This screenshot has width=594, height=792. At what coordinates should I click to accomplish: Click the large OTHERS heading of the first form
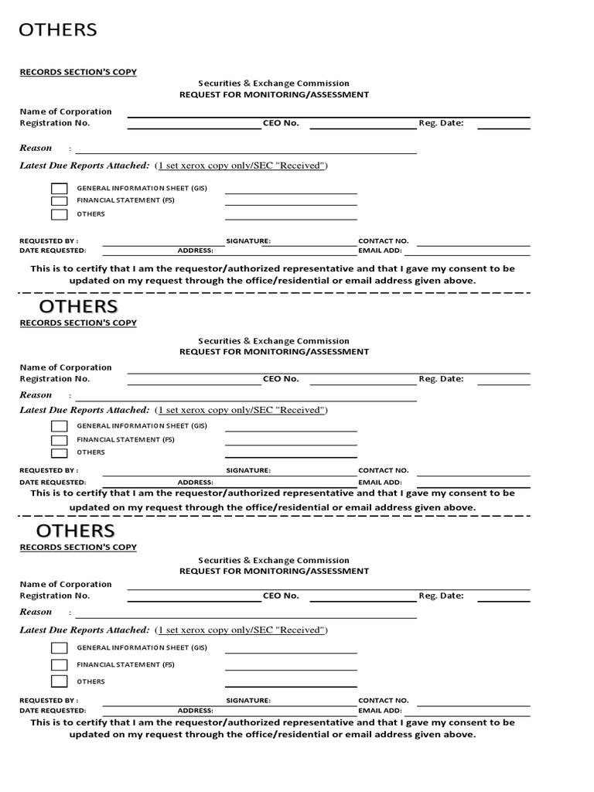58,30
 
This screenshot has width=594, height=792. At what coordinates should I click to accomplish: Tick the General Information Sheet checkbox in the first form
60,189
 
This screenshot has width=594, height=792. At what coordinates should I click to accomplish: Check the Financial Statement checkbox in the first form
60,201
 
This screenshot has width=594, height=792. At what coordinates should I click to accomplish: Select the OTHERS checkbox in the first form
60,214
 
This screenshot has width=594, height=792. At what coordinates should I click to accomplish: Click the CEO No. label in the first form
281,123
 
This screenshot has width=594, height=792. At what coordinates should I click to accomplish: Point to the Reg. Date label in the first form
441,123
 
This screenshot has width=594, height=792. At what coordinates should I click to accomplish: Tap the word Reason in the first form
36,148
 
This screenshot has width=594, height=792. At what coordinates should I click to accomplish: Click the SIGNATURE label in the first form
248,241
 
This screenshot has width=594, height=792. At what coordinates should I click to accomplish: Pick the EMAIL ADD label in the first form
380,251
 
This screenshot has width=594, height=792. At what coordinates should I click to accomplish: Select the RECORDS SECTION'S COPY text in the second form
78,323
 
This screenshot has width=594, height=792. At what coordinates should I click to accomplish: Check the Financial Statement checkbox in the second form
60,440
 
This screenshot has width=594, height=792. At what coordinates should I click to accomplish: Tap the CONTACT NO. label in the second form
383,470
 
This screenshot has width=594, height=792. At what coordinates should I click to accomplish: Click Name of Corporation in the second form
66,367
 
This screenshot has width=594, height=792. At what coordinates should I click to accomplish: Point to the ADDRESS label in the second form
195,481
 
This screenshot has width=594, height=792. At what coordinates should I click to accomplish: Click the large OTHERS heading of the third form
76,531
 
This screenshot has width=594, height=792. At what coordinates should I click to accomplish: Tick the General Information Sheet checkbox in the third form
60,648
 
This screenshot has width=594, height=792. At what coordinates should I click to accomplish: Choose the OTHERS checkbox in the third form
60,681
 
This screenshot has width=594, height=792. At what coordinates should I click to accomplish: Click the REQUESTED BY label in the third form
49,700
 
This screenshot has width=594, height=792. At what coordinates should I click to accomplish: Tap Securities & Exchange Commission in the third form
274,560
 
